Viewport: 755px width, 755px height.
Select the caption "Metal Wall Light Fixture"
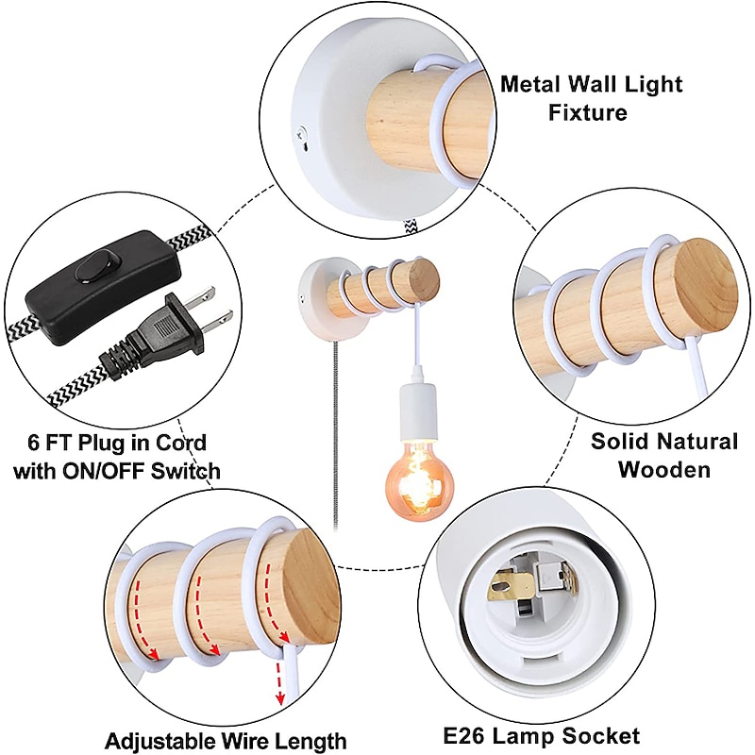592,98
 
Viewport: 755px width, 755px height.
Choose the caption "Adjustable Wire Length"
226,741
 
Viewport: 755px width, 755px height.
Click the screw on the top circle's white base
300,133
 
